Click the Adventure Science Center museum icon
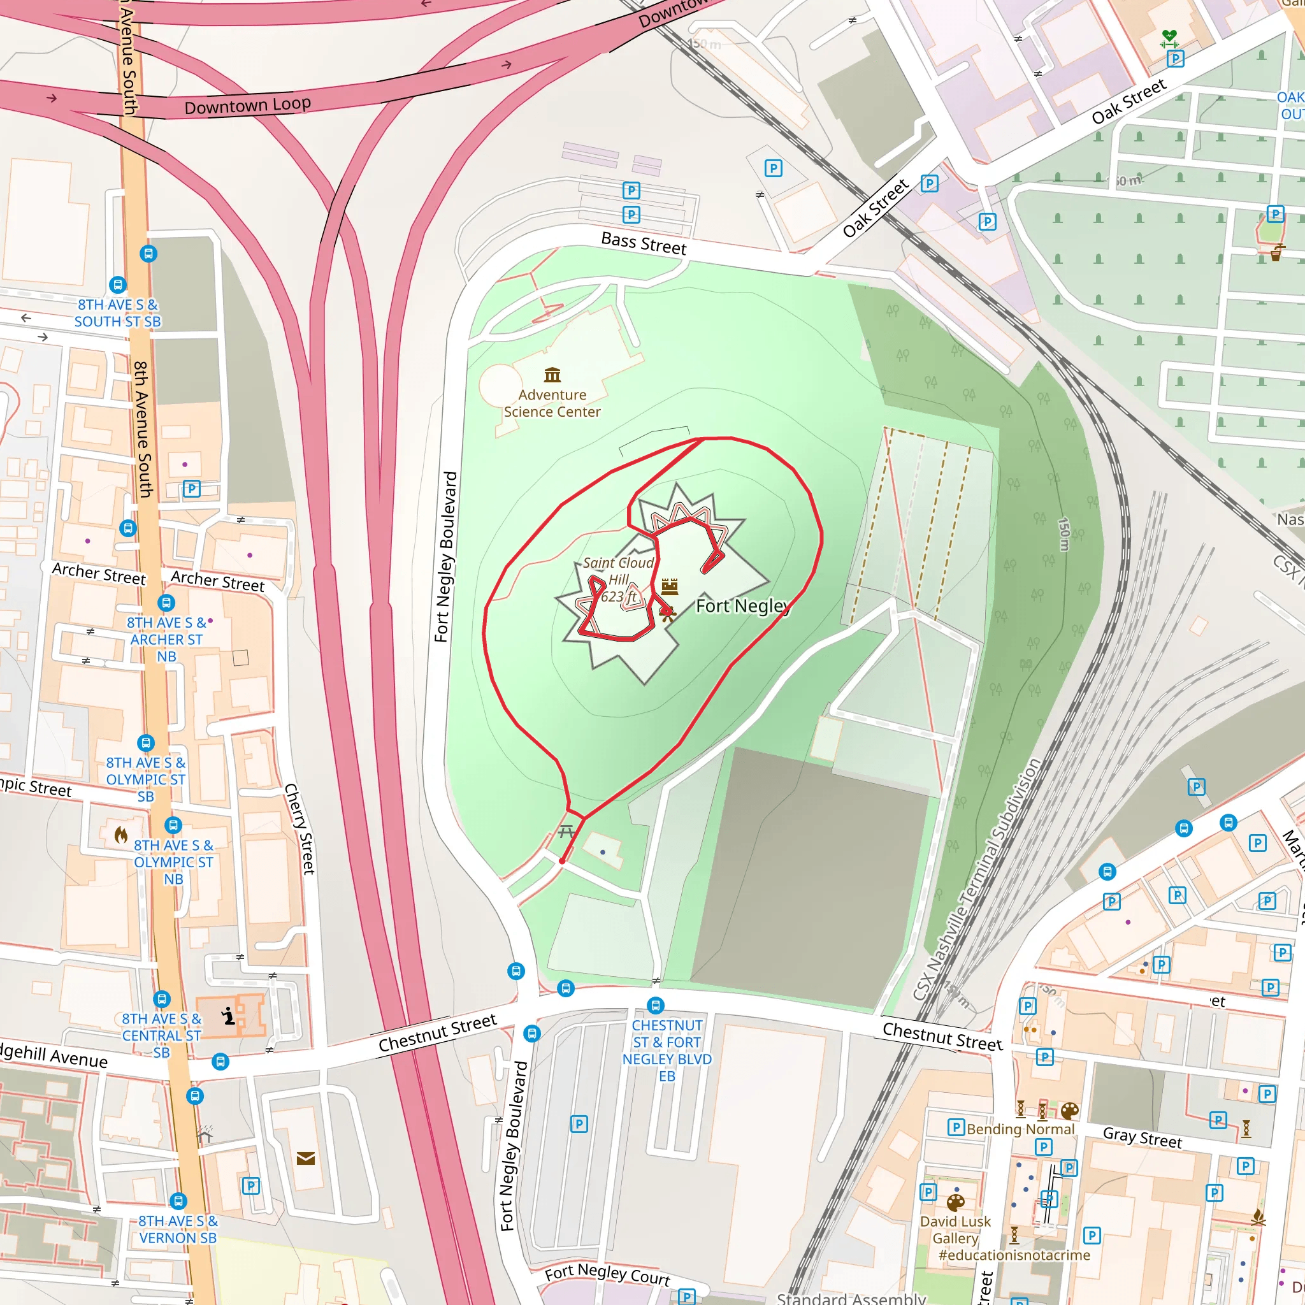(552, 374)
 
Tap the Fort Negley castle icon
(670, 586)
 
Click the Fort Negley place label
(742, 606)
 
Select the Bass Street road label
(644, 243)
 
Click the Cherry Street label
(299, 829)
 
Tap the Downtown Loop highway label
(248, 105)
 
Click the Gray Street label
(1143, 1138)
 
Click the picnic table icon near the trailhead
(566, 831)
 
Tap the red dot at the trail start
(562, 862)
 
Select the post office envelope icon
(305, 1159)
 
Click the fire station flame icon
(121, 835)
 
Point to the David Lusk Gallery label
(955, 1230)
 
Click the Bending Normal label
(1020, 1129)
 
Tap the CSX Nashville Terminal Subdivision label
(976, 879)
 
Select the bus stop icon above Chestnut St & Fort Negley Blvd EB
(655, 1005)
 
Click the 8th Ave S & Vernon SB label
(178, 1229)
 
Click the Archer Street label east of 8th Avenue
(217, 581)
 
